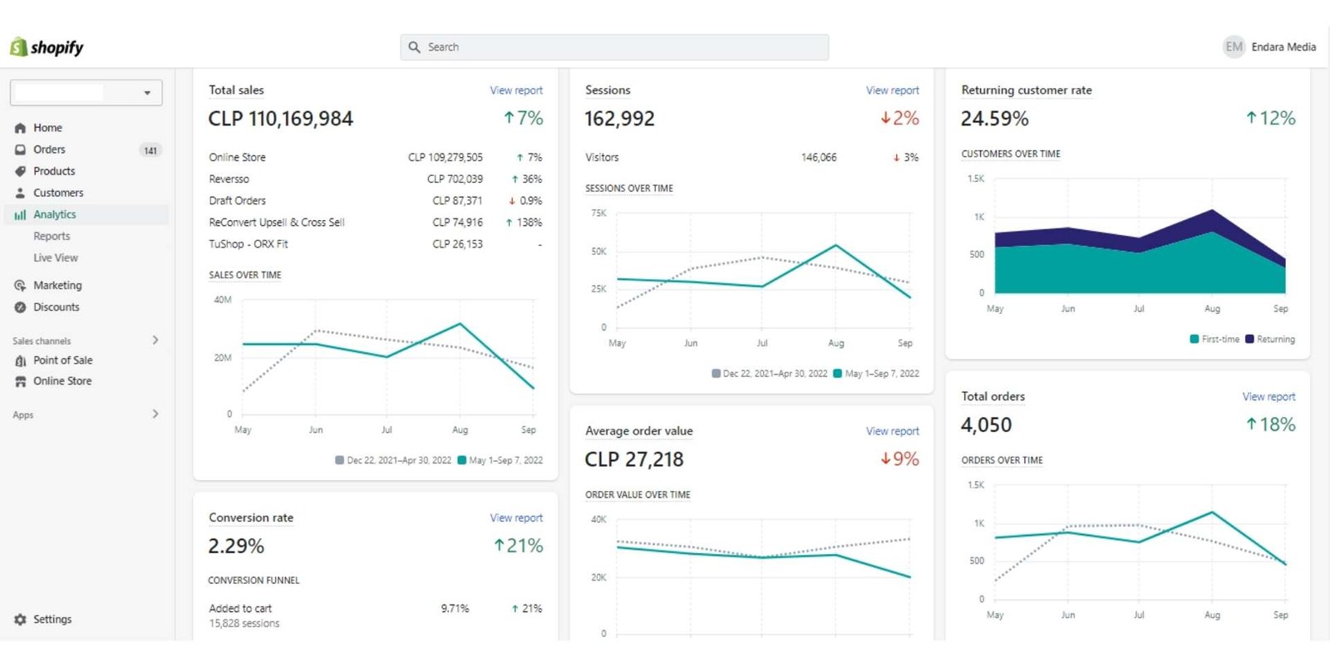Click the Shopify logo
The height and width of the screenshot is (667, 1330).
click(47, 47)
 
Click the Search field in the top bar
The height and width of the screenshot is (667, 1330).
click(615, 47)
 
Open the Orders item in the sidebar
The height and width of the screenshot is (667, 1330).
click(49, 150)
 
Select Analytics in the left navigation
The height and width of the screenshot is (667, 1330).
click(54, 214)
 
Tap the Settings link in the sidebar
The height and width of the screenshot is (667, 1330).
click(52, 620)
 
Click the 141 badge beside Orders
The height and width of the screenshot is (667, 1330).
click(150, 150)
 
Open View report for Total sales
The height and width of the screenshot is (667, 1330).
click(515, 91)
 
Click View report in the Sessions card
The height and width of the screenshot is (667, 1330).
click(892, 91)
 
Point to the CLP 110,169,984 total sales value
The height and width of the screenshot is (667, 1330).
click(281, 119)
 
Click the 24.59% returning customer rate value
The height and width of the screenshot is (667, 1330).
click(994, 119)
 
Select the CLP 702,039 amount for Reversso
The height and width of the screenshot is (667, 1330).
click(455, 179)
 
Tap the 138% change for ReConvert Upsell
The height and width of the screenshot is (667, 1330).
click(529, 223)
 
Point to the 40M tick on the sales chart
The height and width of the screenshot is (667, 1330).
click(223, 300)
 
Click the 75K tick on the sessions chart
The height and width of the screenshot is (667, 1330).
click(598, 213)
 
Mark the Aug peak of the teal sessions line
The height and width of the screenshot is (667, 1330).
click(836, 245)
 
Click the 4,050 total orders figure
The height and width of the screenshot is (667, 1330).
click(986, 425)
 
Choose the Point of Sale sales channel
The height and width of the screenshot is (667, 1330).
click(62, 360)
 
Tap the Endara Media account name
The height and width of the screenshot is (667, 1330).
click(1283, 47)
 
